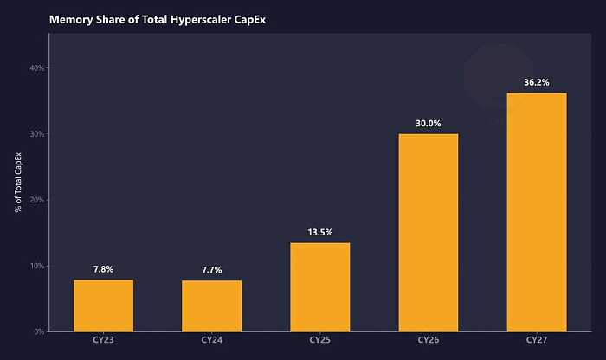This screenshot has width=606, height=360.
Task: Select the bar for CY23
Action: point(104,305)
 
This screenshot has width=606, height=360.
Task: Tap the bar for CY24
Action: point(212,305)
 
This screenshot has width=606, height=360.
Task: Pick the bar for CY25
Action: point(320,287)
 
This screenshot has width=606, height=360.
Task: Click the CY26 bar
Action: point(429,233)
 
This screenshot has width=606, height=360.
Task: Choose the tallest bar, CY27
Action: point(537,212)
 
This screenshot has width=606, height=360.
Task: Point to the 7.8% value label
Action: point(104,269)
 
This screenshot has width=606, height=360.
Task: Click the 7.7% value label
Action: point(212,270)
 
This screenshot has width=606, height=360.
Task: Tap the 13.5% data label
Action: point(320,232)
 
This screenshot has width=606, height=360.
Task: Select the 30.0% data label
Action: point(429,124)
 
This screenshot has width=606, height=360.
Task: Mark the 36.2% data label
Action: point(537,83)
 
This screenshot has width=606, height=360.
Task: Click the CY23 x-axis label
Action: point(104,339)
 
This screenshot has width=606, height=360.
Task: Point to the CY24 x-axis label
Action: point(212,339)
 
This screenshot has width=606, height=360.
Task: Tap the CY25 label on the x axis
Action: point(320,339)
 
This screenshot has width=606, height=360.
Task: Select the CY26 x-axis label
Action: point(429,339)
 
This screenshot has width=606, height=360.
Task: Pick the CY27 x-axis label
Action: point(537,339)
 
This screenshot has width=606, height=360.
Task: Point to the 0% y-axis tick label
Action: point(39,331)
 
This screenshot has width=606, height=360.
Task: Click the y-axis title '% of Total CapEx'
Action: point(17,183)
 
